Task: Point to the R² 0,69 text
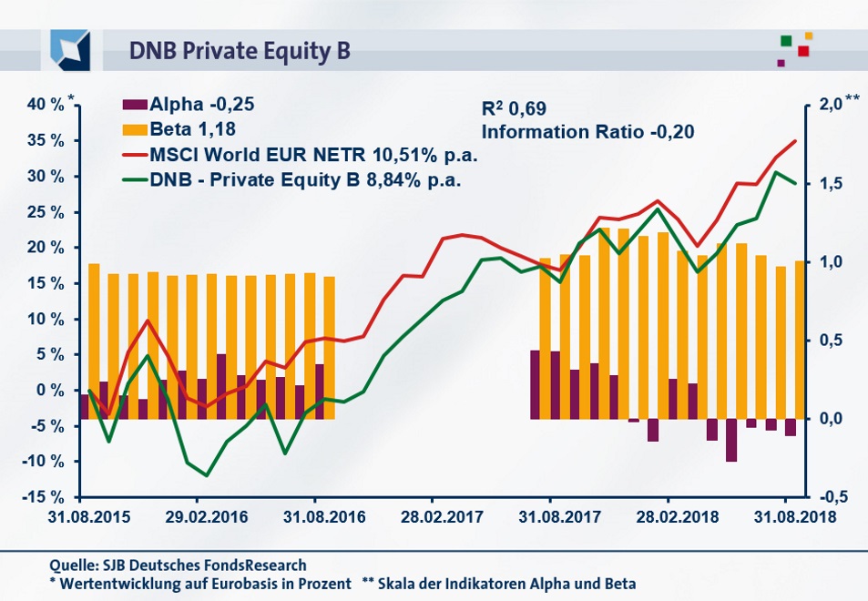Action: pyautogui.click(x=514, y=109)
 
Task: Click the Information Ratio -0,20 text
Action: pyautogui.click(x=587, y=132)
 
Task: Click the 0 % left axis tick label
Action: pyautogui.click(x=51, y=391)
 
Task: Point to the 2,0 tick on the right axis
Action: pyautogui.click(x=827, y=105)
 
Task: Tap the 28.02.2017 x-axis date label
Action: pyautogui.click(x=432, y=516)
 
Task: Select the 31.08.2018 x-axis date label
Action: pyautogui.click(x=786, y=516)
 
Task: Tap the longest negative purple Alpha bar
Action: pyautogui.click(x=731, y=440)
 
